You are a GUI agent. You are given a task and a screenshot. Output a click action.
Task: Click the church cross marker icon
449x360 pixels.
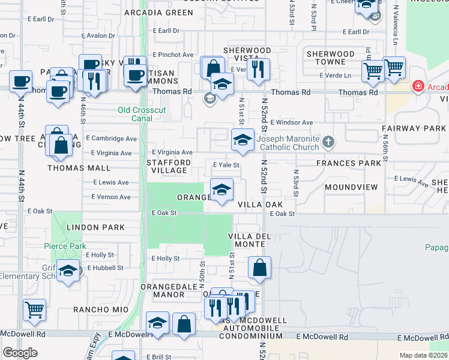tap(328, 142)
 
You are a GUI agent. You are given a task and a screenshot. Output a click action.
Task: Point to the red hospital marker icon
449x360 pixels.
tap(417, 88)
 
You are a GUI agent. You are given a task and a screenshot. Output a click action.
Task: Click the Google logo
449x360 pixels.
tap(20, 353)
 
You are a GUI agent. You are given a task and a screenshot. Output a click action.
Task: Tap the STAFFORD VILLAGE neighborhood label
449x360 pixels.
tap(169, 166)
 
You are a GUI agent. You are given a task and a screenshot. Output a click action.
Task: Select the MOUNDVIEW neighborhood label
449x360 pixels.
tap(351, 187)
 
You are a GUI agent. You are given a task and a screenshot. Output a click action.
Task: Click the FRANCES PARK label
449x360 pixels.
tap(349, 163)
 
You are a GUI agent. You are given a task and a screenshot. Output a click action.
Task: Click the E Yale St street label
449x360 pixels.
tap(226, 165)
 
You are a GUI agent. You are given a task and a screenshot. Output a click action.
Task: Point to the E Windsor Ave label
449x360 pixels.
tap(292, 122)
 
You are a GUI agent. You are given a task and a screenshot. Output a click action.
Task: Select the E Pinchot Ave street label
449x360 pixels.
tap(173, 55)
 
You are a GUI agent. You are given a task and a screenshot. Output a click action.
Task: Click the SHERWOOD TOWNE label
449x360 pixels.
tap(330, 58)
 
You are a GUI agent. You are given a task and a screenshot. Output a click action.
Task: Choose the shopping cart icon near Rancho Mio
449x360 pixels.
tap(35, 310)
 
